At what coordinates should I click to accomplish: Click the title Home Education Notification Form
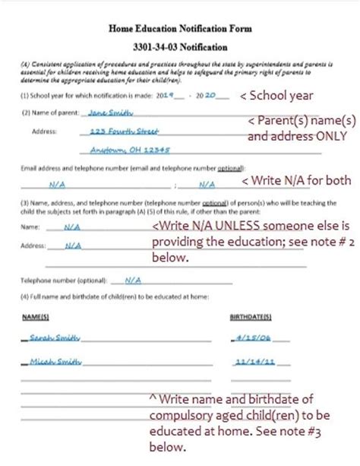click(179, 28)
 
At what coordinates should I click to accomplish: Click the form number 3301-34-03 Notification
click(179, 46)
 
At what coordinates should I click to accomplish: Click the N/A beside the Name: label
click(72, 227)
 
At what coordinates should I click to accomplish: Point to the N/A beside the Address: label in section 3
click(74, 246)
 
